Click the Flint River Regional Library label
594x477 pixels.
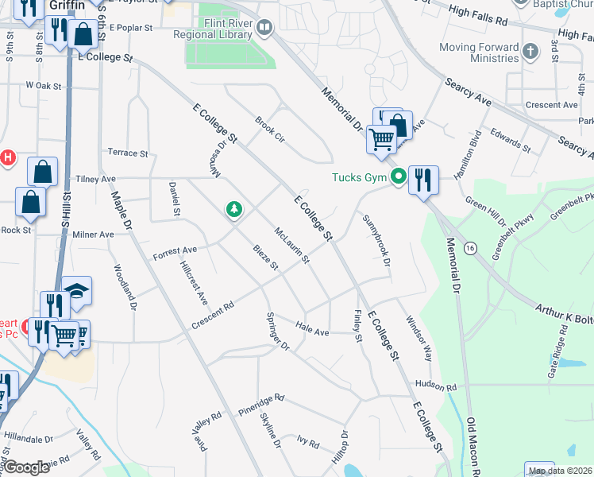(218, 29)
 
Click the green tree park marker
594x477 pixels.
(233, 209)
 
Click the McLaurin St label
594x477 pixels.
(291, 246)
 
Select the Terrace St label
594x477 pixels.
(127, 153)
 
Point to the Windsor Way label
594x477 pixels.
(419, 339)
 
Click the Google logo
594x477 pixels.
(28, 467)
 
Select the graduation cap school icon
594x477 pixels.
(77, 291)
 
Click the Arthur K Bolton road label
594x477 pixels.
(563, 311)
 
